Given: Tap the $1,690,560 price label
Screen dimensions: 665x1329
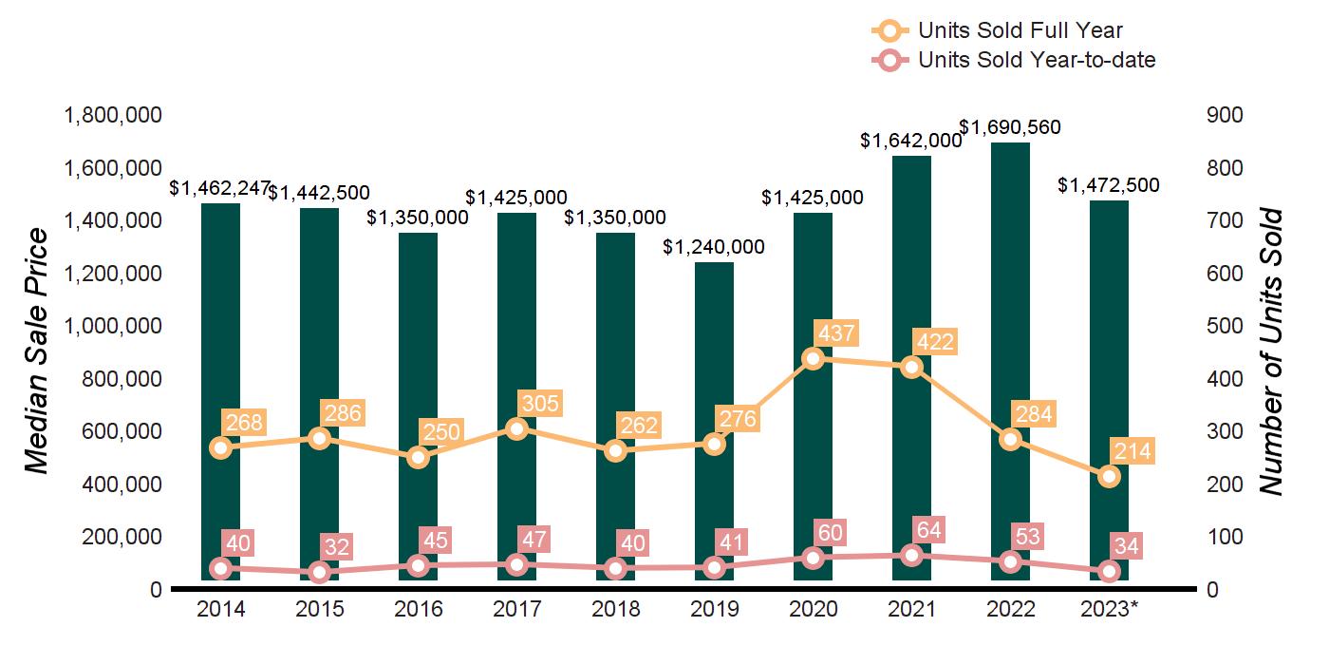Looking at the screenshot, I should (1010, 127).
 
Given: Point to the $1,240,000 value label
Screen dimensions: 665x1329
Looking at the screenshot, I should (714, 247).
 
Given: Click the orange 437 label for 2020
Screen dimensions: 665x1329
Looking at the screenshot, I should (835, 334).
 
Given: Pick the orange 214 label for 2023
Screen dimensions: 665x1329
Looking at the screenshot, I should (1132, 452).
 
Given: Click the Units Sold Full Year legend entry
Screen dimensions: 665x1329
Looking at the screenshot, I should (997, 31).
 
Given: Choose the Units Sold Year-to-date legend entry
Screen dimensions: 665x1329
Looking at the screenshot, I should (1013, 61).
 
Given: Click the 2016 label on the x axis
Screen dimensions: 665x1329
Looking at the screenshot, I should (419, 609).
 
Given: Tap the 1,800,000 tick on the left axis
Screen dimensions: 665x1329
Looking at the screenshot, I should (112, 116).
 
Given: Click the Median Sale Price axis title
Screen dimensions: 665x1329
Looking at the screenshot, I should (35, 351).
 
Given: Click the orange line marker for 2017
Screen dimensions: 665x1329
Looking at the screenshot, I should (516, 429).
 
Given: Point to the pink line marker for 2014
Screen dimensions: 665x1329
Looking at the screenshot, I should (220, 568).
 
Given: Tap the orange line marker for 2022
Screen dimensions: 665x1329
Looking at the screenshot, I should (1010, 439).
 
